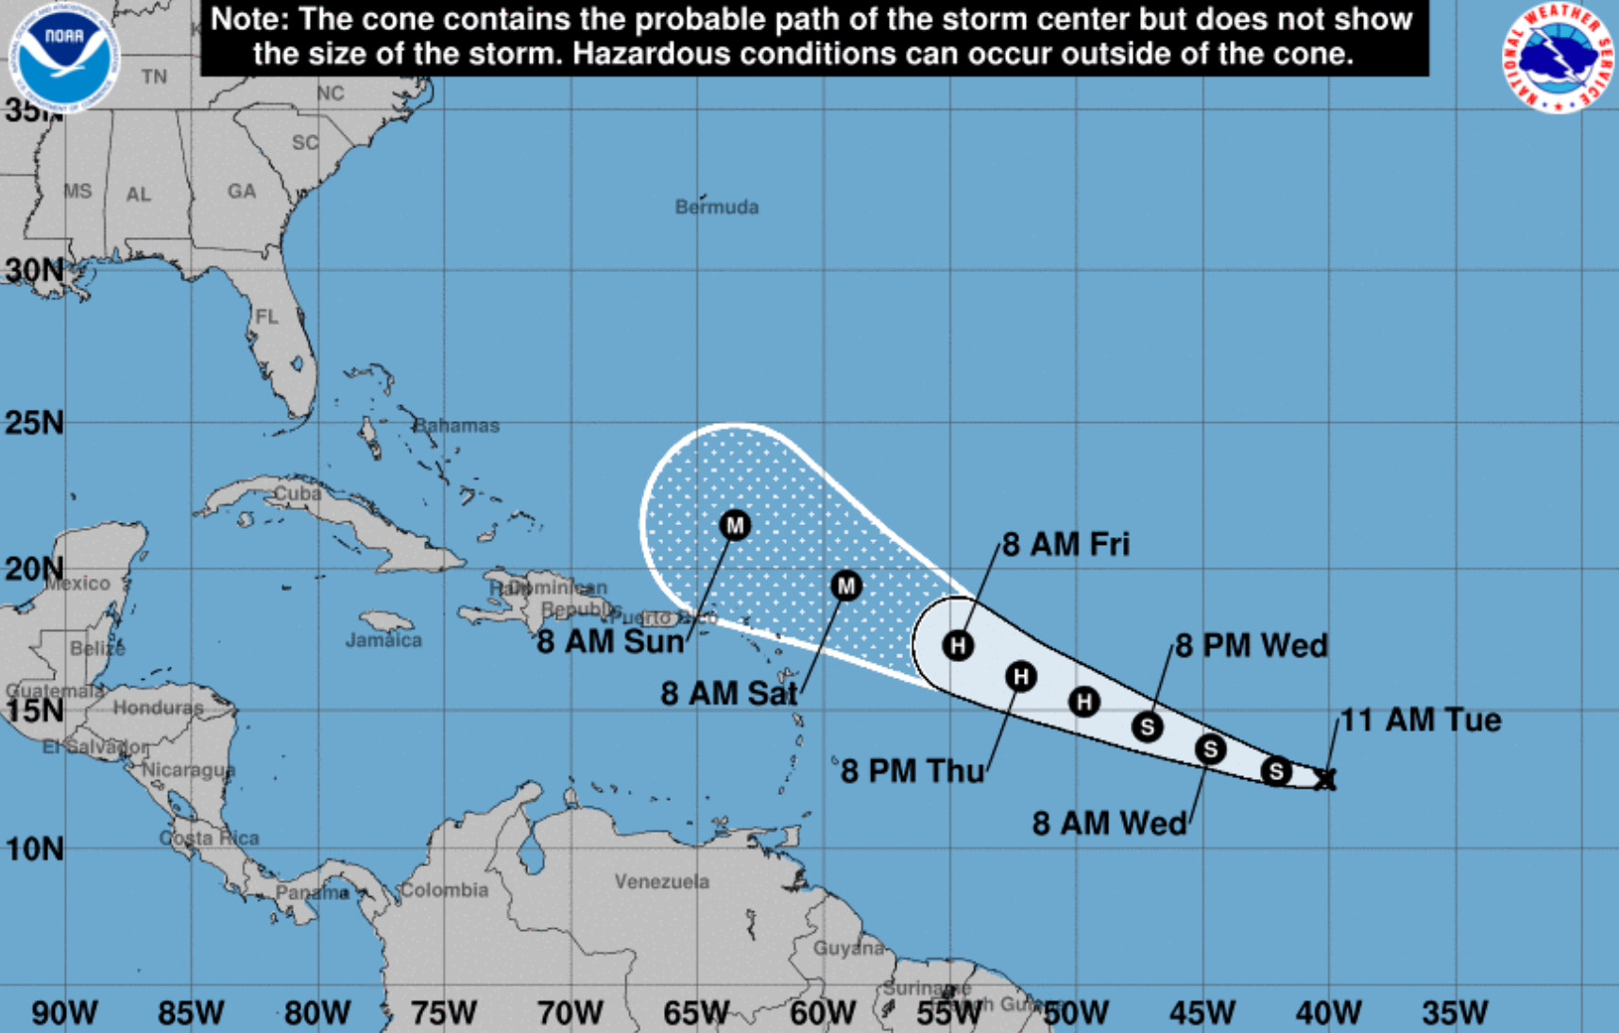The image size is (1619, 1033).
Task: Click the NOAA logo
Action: [x=64, y=55]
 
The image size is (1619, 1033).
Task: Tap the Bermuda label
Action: [x=716, y=207]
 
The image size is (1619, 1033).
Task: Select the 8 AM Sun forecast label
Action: [x=610, y=642]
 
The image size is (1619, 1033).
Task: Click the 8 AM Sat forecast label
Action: [x=728, y=693]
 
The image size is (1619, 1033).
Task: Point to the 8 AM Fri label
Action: [x=1065, y=545]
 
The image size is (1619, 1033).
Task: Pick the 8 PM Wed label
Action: [x=1252, y=646]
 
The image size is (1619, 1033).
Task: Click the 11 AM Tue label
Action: [x=1421, y=720]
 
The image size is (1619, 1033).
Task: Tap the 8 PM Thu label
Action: [x=912, y=771]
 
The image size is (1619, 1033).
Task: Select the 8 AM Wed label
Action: [x=1109, y=823]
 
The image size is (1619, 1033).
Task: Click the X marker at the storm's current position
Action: [x=1325, y=779]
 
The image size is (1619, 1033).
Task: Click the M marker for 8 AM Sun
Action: [x=735, y=525]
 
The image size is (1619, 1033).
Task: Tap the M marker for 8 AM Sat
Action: [x=846, y=586]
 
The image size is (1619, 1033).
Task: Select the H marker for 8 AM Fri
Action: [x=959, y=646]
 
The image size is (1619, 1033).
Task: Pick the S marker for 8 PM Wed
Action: [x=1148, y=726]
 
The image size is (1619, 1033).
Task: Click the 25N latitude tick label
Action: [x=34, y=423]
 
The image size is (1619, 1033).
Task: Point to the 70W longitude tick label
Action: [x=570, y=1013]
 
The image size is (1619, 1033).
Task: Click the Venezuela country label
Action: [x=661, y=882]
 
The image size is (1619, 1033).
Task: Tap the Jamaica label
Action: [x=383, y=640]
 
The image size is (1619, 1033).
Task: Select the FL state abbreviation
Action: [x=267, y=316]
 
